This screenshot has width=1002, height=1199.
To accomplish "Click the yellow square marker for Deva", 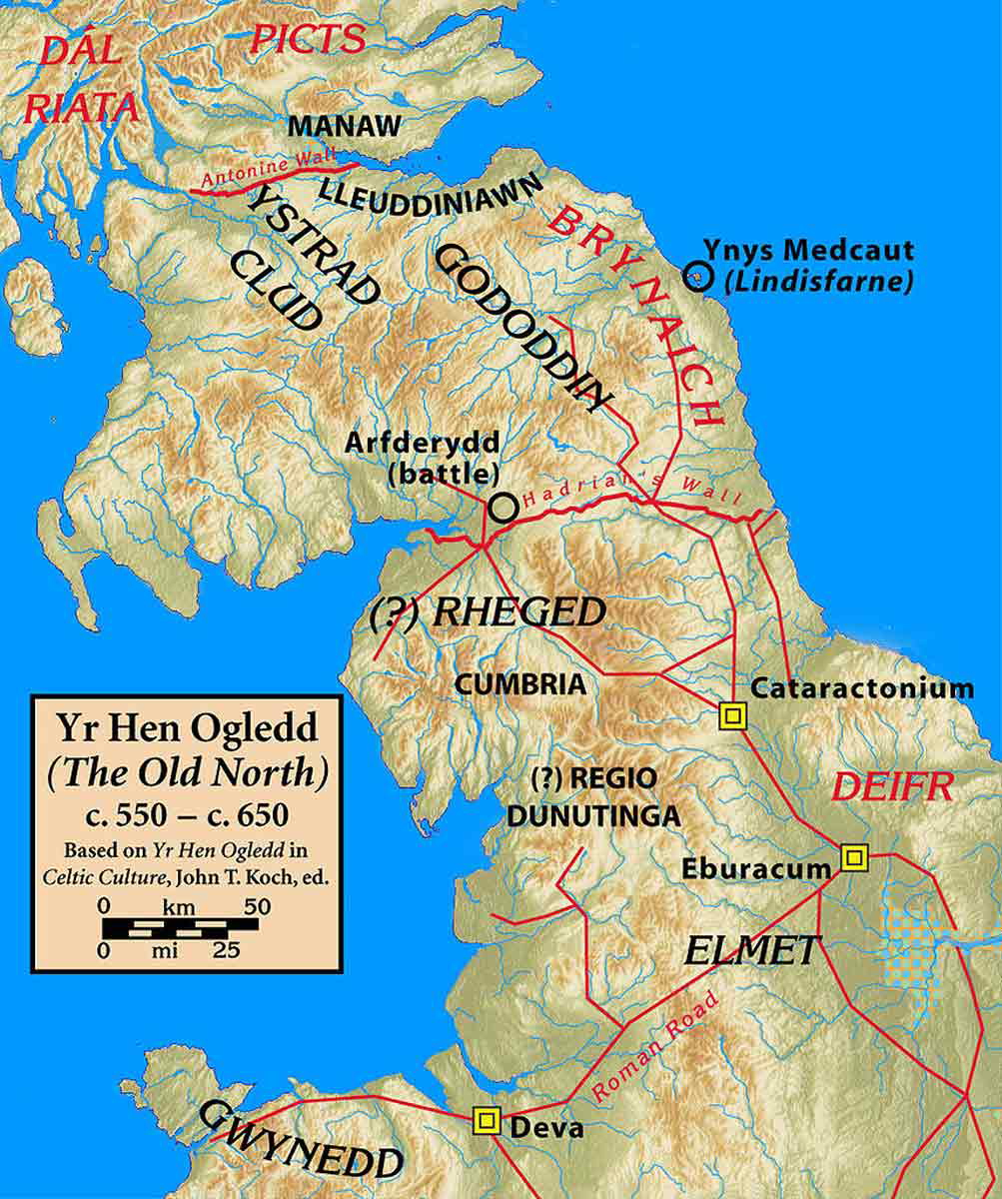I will tap(487, 1121).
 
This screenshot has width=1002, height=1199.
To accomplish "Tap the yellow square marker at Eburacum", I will tap(853, 856).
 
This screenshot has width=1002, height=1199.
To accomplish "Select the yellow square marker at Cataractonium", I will tap(733, 715).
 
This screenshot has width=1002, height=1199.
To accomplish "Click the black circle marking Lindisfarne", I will tap(698, 276).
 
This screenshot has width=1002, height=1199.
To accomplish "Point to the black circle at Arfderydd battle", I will tap(503, 508).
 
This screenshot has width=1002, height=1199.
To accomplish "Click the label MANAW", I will tap(346, 126).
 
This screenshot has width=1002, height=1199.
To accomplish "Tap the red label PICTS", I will tap(307, 39).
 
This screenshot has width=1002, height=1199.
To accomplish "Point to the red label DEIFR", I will tap(893, 786).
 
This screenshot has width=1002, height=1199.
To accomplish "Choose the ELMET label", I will tap(752, 950).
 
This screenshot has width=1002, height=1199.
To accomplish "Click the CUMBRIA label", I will tap(519, 685).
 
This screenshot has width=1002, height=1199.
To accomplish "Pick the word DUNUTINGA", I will tap(593, 815).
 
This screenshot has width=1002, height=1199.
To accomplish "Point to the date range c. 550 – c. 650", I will tap(187, 814).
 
